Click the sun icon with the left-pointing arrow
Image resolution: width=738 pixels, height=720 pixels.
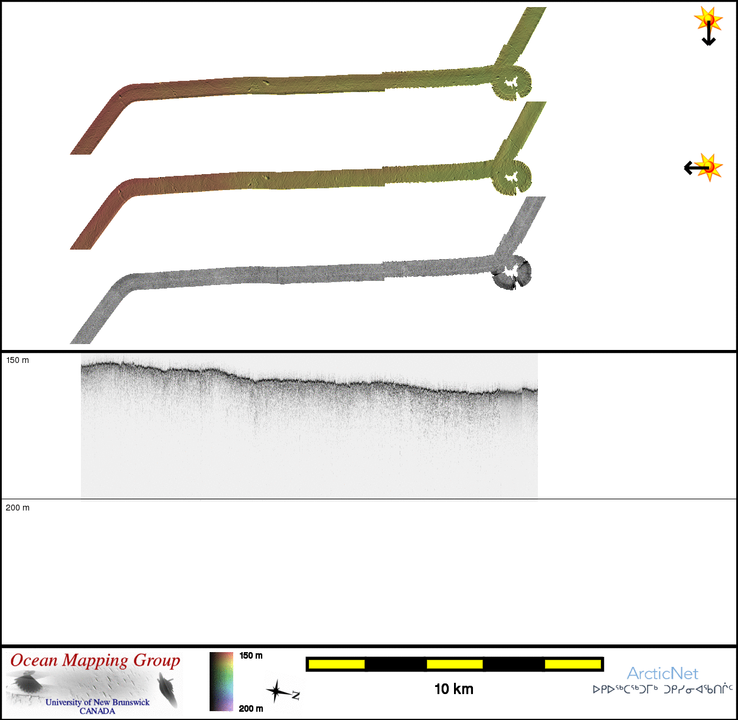tap(704, 167)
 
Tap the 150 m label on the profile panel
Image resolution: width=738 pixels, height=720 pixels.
tap(18, 360)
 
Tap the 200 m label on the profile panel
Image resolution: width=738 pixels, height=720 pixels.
tap(18, 508)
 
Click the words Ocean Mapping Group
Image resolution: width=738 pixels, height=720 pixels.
tap(95, 660)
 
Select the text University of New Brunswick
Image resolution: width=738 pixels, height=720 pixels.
tap(97, 702)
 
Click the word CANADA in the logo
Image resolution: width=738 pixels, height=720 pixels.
tap(97, 711)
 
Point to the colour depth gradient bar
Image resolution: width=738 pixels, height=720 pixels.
tap(221, 681)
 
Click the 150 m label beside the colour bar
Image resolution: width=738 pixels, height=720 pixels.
tap(251, 656)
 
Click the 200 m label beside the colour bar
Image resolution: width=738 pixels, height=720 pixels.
tap(251, 708)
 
